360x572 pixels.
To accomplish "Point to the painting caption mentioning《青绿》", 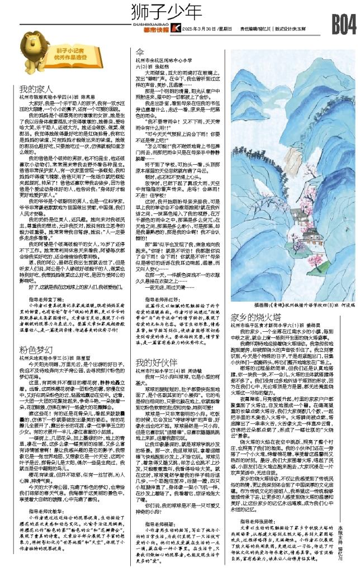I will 286,307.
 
